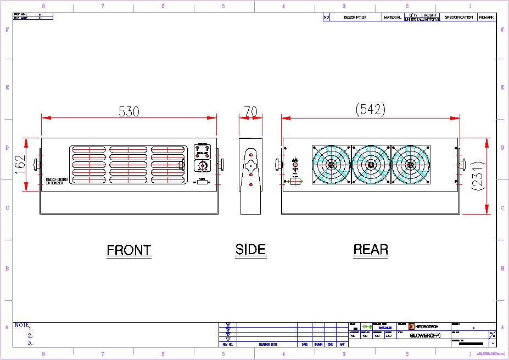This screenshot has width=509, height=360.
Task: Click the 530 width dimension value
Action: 129,111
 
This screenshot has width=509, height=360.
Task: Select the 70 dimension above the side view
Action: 250,111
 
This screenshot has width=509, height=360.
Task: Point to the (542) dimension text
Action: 371,109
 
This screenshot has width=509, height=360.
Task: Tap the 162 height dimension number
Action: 20,165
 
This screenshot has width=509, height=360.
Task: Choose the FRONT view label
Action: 128,250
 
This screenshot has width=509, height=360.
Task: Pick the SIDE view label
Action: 250,250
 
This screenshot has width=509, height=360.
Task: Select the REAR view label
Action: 371,250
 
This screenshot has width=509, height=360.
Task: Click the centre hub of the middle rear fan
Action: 371,165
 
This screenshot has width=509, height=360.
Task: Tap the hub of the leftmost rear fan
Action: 331,165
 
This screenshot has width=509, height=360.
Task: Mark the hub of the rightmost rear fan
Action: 410,165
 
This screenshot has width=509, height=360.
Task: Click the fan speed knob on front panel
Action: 202,165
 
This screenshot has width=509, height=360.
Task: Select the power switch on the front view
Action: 202,182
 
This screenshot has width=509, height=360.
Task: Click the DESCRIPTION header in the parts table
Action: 355,18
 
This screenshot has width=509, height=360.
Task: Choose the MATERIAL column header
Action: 393,18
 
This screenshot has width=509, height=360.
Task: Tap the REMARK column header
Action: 486,18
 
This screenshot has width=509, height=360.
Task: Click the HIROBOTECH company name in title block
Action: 427,326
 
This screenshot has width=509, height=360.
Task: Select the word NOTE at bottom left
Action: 22,325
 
